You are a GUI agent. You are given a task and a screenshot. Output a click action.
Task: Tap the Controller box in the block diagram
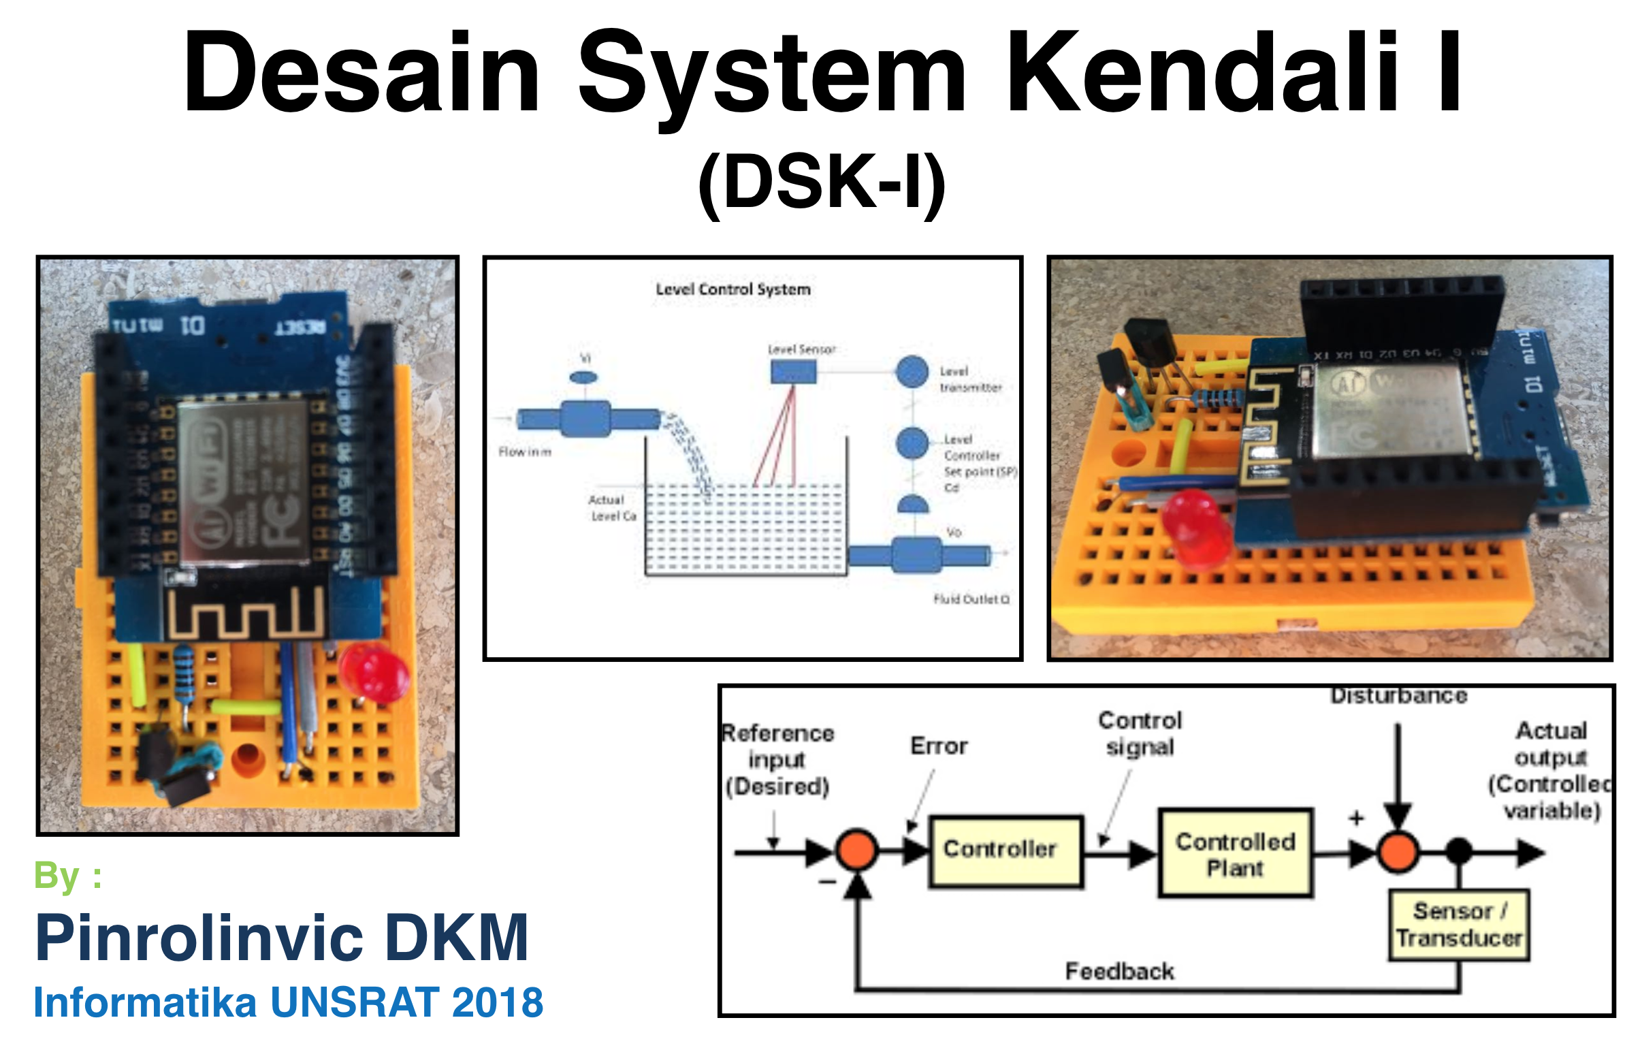click(x=1005, y=850)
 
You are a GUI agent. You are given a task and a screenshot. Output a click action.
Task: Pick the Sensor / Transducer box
click(x=1459, y=925)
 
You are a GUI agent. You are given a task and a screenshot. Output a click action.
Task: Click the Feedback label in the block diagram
click(x=1119, y=970)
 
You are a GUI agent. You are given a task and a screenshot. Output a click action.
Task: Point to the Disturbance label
click(x=1398, y=696)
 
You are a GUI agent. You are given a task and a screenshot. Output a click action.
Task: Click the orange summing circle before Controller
click(x=856, y=850)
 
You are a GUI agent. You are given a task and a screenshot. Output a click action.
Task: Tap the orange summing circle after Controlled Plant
click(x=1398, y=851)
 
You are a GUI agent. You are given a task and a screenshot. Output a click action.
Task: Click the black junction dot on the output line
click(x=1459, y=851)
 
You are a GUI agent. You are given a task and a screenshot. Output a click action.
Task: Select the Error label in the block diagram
click(x=938, y=746)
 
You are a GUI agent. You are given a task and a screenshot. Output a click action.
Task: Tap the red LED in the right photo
click(x=1195, y=526)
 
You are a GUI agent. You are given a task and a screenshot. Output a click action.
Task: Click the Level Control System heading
click(x=733, y=289)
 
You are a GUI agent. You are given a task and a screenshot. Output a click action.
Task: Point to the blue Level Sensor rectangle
click(x=793, y=372)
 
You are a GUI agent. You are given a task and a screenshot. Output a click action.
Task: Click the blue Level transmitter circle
click(x=912, y=372)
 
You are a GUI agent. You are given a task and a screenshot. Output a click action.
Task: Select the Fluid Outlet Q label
click(x=971, y=599)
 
